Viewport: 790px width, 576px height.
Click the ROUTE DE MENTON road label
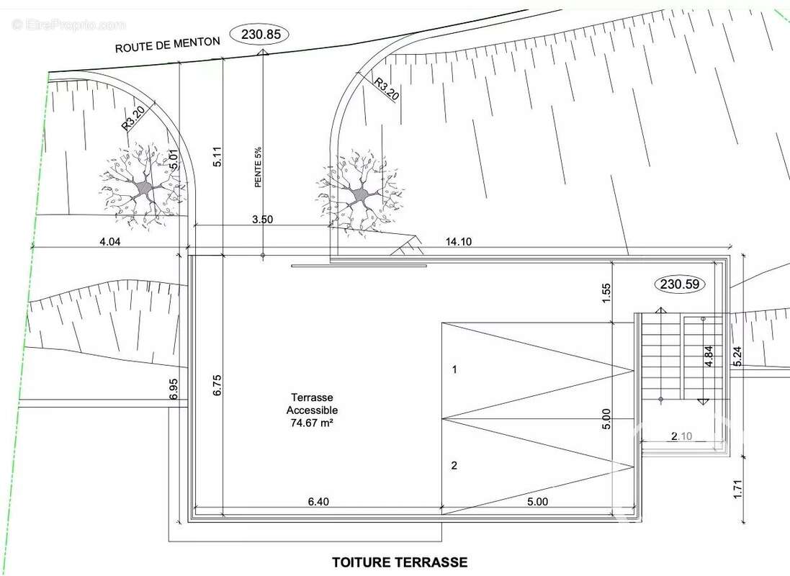pos(168,45)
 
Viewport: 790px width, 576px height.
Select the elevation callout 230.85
pos(261,35)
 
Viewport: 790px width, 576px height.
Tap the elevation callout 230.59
pos(680,284)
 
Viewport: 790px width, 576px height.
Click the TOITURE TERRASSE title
pos(400,562)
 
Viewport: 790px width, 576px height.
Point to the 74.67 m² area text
pos(312,423)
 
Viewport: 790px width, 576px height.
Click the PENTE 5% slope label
pos(258,167)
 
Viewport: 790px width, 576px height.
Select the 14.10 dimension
pos(459,241)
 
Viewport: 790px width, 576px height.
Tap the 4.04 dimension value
pos(110,241)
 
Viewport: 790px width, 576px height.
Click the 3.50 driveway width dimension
pos(263,219)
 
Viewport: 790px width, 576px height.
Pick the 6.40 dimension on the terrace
pos(318,501)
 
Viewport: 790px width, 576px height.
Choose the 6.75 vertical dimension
pos(217,385)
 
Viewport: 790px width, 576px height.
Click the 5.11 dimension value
pos(217,156)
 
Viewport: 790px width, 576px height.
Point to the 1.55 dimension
pos(606,293)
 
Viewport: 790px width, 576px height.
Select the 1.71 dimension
pos(737,490)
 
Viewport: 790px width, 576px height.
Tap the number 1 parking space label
pos(454,369)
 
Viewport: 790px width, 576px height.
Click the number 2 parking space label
pos(454,465)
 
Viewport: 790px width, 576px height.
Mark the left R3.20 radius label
pos(134,117)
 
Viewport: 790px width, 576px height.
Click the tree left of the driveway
pos(145,187)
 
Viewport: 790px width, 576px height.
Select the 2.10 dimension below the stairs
pos(682,436)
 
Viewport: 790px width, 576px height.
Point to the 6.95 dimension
pos(174,389)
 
